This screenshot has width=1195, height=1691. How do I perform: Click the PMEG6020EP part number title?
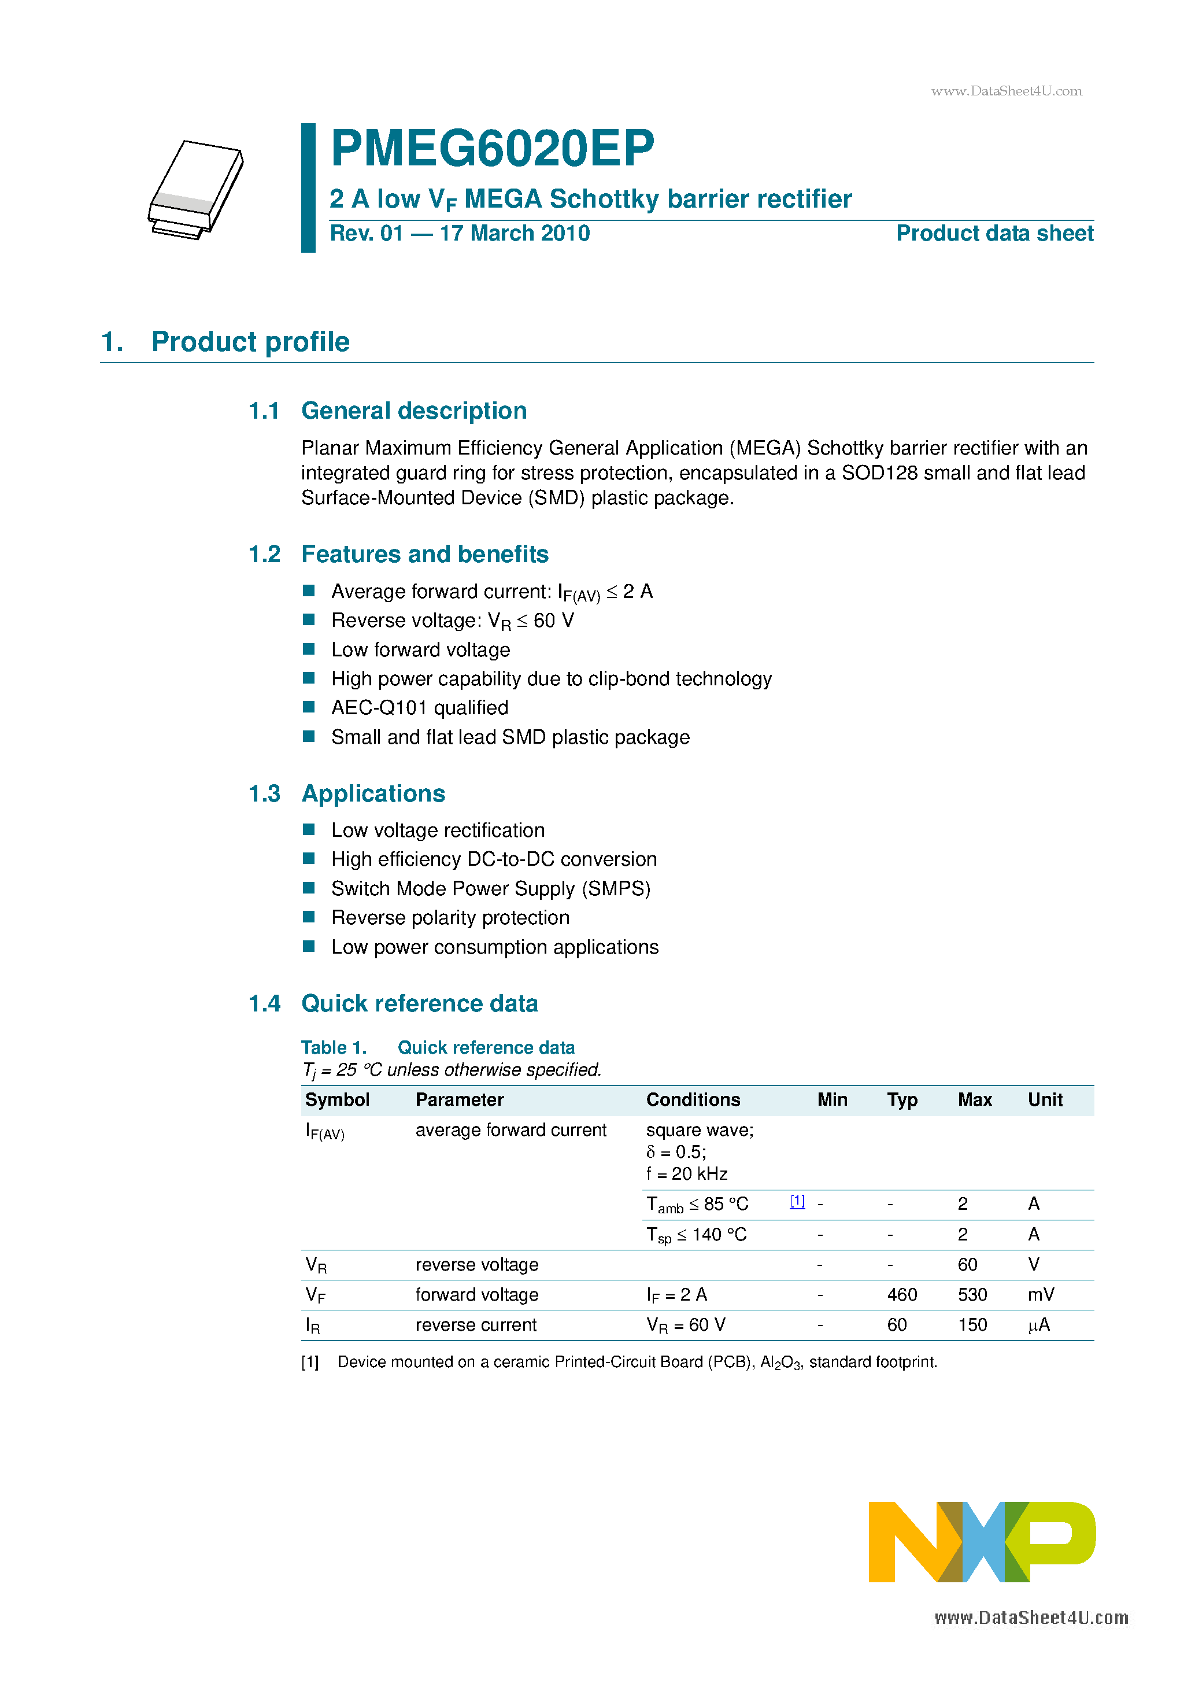point(492,149)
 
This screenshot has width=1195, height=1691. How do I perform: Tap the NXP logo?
point(982,1541)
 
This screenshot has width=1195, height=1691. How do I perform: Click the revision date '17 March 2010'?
point(515,234)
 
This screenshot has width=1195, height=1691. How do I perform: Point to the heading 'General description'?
point(414,411)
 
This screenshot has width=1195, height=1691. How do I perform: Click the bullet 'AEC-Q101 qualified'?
point(420,708)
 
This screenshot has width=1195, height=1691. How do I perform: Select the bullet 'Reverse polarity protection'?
point(450,918)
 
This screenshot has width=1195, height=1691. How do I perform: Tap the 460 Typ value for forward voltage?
point(902,1295)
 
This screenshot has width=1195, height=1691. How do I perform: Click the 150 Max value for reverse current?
point(972,1325)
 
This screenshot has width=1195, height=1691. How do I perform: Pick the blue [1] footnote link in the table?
point(797,1201)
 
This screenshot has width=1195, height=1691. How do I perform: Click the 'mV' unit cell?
point(1041,1295)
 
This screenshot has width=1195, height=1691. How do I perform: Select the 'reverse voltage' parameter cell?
point(476,1265)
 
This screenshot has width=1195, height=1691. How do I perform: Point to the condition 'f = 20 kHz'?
point(686,1174)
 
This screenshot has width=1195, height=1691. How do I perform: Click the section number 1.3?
point(264,794)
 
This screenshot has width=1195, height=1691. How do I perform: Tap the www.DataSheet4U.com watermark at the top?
point(1007,91)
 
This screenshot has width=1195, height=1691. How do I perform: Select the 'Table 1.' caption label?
point(334,1047)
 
